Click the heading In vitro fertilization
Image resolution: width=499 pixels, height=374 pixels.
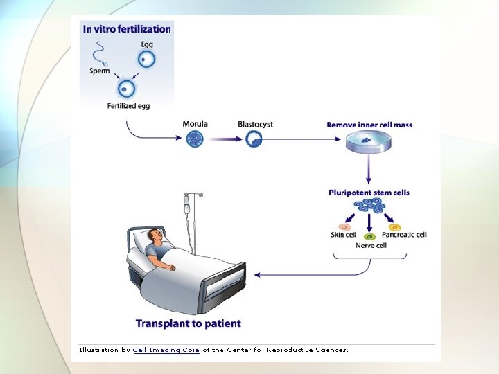[x=127, y=29]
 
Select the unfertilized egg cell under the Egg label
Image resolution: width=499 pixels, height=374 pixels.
[x=146, y=60]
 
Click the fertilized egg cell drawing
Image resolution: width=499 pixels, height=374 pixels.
[x=125, y=89]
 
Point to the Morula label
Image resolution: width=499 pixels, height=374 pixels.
[x=195, y=124]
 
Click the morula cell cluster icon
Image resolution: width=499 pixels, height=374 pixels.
[x=196, y=139]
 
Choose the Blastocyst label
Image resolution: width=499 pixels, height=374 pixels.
[x=255, y=124]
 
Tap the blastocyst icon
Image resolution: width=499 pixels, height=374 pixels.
[x=254, y=139]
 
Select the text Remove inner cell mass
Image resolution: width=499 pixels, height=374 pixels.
[x=369, y=125]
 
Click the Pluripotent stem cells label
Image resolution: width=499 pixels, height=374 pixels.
[x=369, y=193]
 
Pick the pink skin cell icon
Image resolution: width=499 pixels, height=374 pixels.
[x=343, y=226]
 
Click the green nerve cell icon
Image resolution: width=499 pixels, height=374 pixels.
[x=369, y=236]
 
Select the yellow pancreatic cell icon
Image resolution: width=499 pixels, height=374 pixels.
[x=394, y=226]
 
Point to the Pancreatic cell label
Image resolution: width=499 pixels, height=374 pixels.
[x=404, y=235]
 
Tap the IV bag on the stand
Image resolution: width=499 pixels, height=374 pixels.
[x=186, y=205]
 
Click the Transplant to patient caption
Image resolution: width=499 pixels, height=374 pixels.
[x=189, y=323]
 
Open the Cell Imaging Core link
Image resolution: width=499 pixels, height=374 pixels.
[x=166, y=350]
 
